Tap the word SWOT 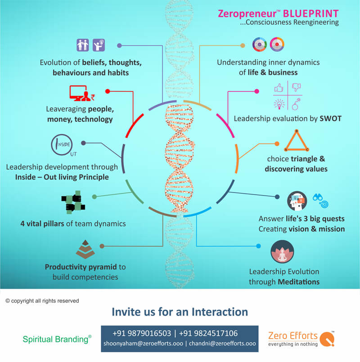pyautogui.click(x=331, y=119)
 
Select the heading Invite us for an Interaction pyautogui.click(x=180, y=312)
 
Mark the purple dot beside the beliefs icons pyautogui.click(x=119, y=45)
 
